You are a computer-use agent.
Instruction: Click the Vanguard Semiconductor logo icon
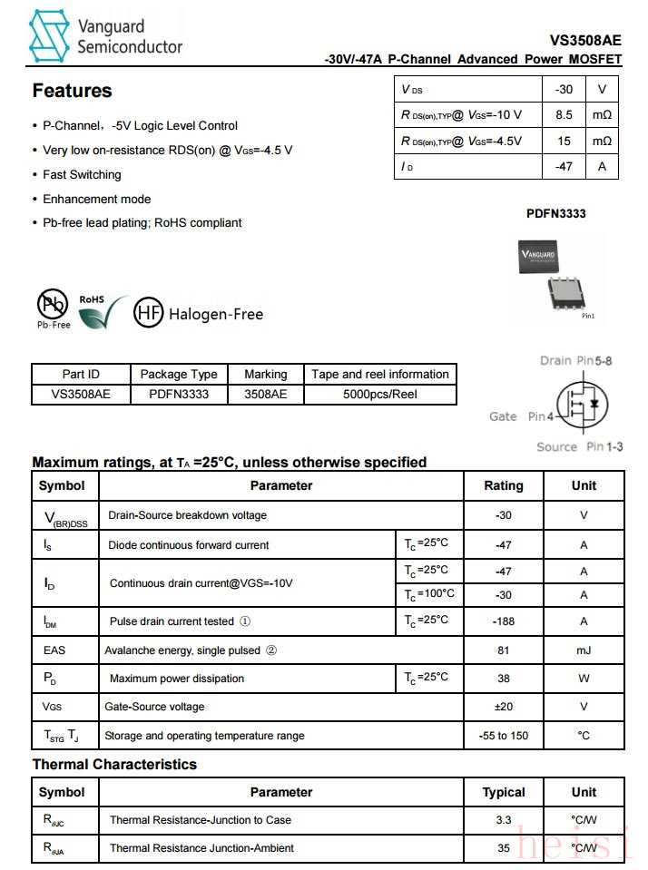coord(49,36)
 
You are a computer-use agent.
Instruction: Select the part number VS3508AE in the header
coord(585,40)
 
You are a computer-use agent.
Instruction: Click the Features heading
coord(72,91)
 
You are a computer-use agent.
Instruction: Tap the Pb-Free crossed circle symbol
coord(53,305)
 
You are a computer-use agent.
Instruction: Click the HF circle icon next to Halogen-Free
coord(148,313)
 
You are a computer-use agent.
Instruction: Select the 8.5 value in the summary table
coord(564,115)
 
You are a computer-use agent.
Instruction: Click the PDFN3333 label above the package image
coord(555,214)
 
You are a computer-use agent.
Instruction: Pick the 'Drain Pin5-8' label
coord(576,360)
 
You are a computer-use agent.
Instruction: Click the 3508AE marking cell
coord(265,395)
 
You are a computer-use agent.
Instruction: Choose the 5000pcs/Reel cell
coord(379,395)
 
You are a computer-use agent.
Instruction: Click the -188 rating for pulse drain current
coord(503,621)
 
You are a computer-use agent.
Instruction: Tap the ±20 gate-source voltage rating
coord(503,707)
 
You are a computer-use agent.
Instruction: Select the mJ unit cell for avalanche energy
coord(584,650)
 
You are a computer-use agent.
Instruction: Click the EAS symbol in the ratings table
coord(54,650)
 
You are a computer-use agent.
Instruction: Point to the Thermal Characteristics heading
coord(114,765)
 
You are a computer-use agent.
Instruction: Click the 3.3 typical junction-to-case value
coord(503,820)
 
